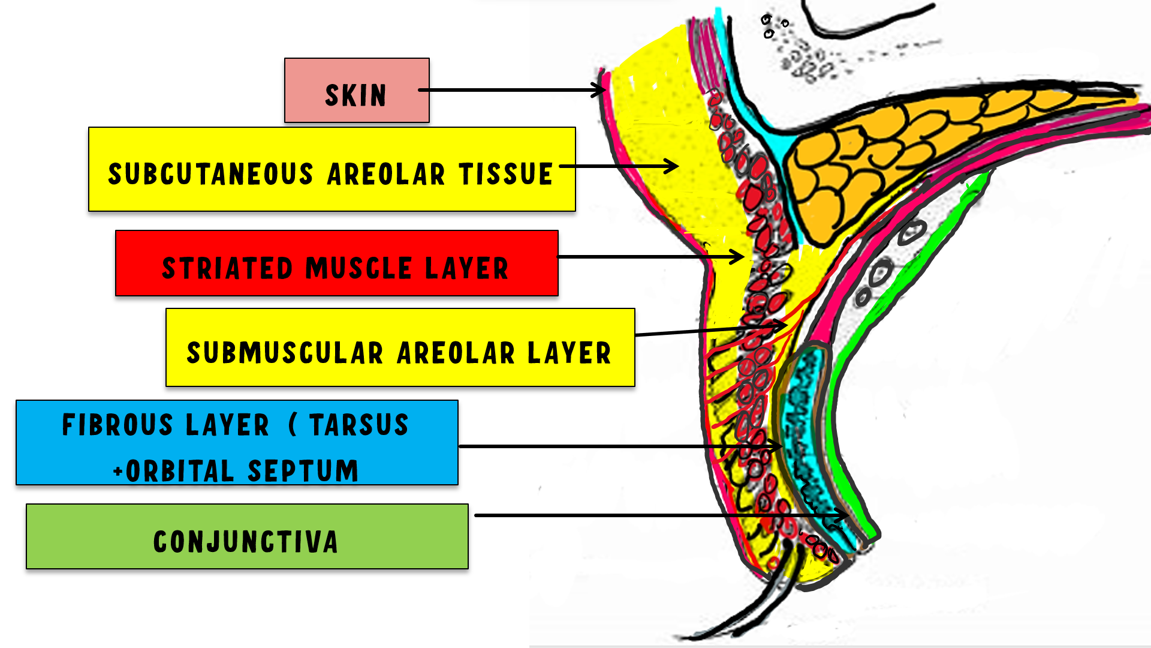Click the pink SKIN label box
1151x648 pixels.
[x=357, y=91]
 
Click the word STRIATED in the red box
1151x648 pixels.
[x=228, y=268]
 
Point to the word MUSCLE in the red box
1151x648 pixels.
[x=358, y=268]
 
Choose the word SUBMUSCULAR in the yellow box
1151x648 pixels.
[x=285, y=353]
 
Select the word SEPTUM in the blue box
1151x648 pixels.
[x=303, y=471]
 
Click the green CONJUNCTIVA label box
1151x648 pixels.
[x=247, y=536]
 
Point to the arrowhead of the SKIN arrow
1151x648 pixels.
[x=602, y=91]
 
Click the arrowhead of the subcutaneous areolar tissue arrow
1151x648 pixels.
[x=674, y=166]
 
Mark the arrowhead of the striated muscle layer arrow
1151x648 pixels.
[x=740, y=257]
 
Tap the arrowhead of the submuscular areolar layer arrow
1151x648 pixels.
[x=782, y=325]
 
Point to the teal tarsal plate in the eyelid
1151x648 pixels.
[x=806, y=420]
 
